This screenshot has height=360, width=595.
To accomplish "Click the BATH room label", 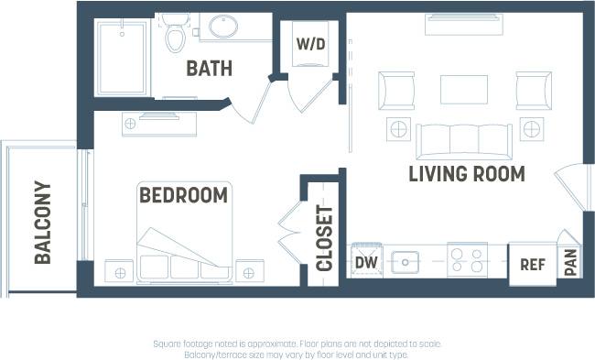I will (x=209, y=69).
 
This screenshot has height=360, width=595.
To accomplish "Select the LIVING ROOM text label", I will (x=466, y=173).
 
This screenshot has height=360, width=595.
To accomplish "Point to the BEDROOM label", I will (x=183, y=195).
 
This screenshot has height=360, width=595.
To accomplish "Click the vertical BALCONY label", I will (x=42, y=223).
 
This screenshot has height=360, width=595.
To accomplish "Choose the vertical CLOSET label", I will (x=324, y=237).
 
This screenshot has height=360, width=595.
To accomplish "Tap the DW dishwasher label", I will (x=365, y=263).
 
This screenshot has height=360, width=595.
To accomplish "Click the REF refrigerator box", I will (x=532, y=264).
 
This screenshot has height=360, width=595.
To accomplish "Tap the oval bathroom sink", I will (x=225, y=27).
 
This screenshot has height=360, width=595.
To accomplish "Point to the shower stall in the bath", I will (x=122, y=57).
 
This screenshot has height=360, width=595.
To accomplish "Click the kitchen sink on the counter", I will (x=405, y=262).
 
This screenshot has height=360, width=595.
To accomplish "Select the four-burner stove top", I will (x=467, y=261).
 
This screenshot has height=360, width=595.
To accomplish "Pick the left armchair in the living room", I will (x=396, y=90).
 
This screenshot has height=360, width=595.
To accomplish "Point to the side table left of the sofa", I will (x=397, y=129).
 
